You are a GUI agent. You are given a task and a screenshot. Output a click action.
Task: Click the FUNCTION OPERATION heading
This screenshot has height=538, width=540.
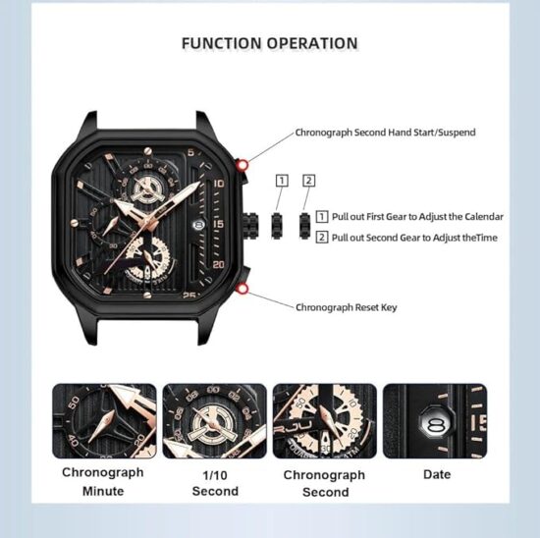270,43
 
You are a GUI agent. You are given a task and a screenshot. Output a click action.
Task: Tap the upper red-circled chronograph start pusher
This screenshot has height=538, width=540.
243,165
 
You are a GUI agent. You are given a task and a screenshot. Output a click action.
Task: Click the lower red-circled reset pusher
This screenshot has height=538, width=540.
243,289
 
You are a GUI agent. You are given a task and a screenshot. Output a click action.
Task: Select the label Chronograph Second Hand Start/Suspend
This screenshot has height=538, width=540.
386,133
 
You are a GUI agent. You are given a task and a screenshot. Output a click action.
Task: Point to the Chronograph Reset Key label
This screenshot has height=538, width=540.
347,307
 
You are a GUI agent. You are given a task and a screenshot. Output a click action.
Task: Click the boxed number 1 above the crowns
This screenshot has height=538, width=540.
282,181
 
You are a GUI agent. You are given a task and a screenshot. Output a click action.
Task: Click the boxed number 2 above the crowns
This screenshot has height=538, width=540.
309,181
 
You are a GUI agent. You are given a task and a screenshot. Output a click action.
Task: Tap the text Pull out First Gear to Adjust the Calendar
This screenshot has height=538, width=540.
417,217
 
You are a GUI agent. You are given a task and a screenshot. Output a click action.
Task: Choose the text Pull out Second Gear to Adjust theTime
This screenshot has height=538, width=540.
414,238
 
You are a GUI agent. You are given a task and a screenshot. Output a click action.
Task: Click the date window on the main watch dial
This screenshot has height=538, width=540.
197,225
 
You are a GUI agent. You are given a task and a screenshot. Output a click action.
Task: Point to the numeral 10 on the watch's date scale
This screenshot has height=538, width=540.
219,184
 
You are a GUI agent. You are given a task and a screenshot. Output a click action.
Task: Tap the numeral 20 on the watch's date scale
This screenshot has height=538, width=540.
219,264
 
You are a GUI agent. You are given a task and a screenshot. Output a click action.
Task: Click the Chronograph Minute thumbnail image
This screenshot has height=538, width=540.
104,421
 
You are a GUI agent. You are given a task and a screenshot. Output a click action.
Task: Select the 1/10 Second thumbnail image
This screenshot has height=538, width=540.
215,421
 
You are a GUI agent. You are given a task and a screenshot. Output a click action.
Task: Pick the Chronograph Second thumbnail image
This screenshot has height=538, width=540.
325,421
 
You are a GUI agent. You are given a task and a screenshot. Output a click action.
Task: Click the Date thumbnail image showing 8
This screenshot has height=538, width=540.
435,421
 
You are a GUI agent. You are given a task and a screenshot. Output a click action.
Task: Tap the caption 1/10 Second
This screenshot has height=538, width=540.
215,483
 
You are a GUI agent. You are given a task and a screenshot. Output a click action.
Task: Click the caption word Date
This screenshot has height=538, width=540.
437,474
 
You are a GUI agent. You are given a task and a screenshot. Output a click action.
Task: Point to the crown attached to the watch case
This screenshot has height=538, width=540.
250,225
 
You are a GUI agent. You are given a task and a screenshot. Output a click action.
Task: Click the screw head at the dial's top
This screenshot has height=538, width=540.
147,150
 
